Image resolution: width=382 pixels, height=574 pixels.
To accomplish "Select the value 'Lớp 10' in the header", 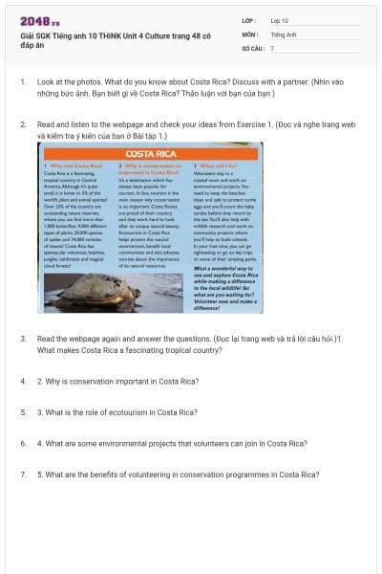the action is [x=280, y=19].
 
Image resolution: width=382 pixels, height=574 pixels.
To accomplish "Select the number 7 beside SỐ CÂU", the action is [x=272, y=46].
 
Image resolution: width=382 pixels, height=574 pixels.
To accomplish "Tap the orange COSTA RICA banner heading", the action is [x=150, y=153].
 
